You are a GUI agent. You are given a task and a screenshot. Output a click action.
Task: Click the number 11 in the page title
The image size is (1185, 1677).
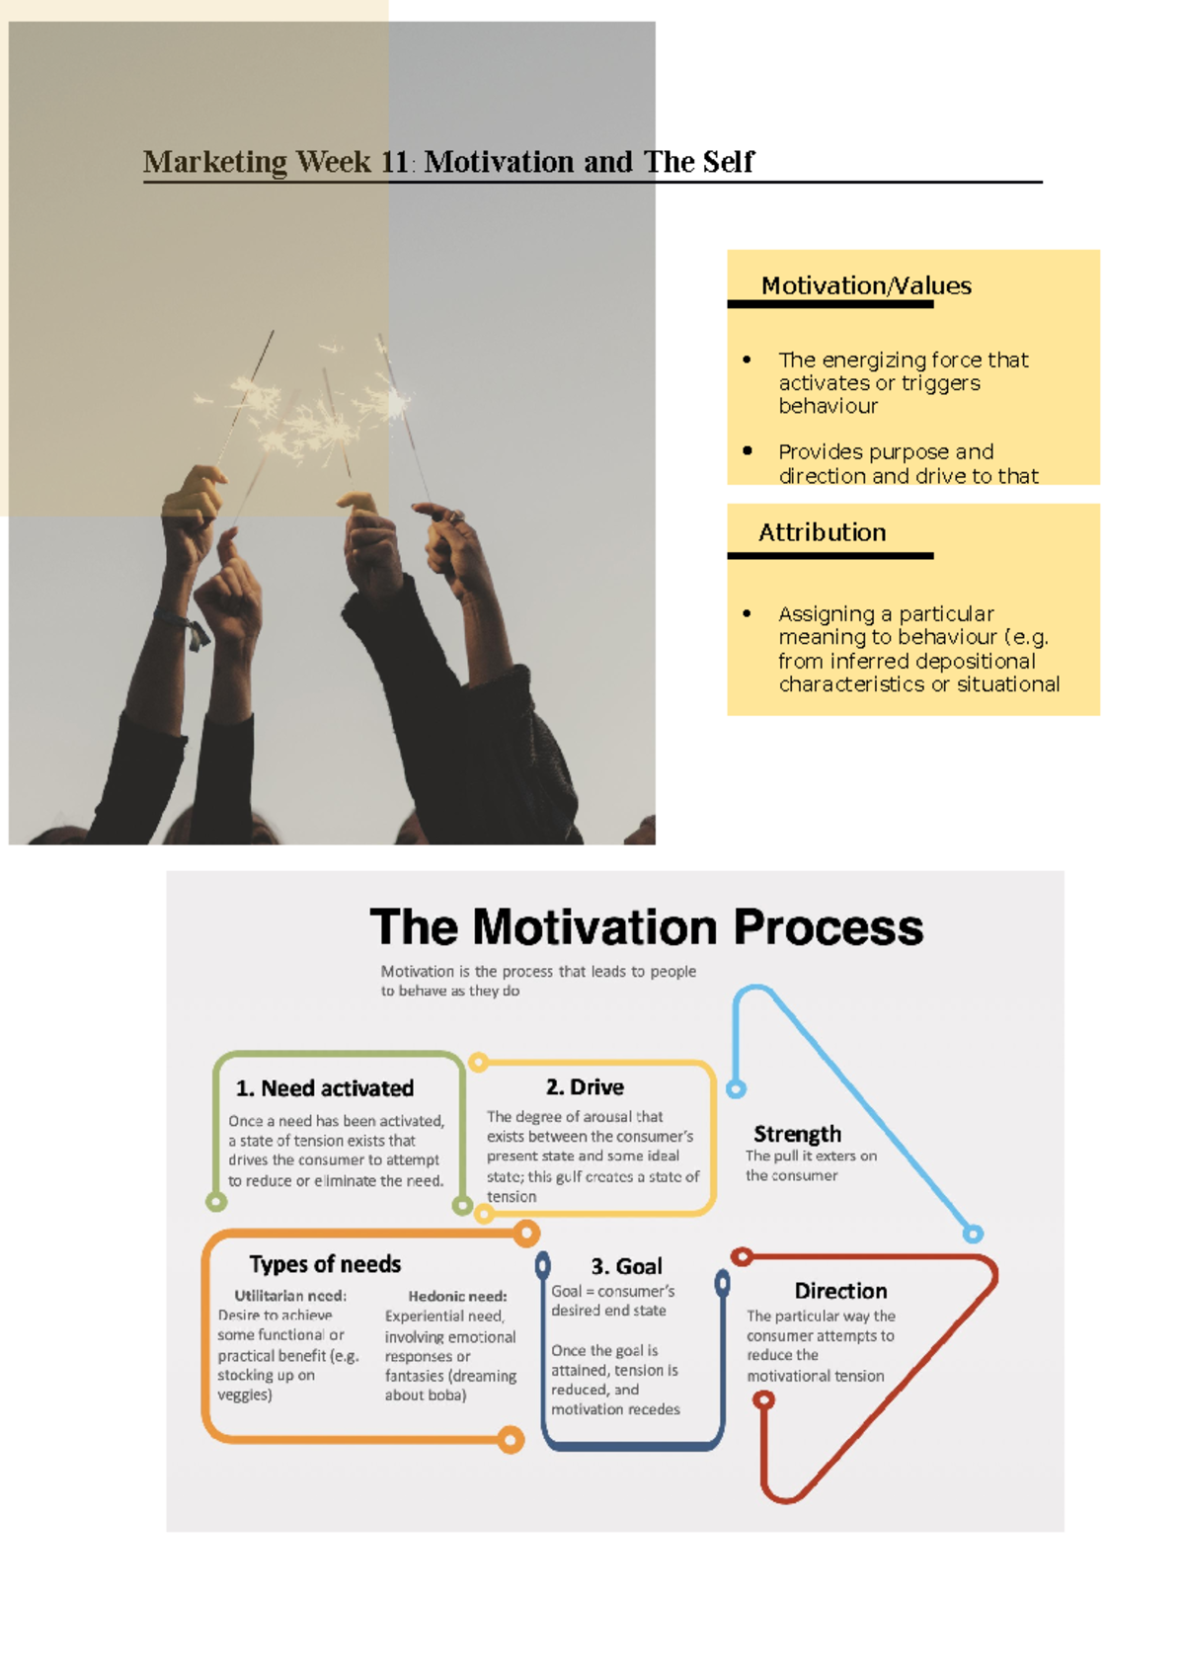(x=394, y=162)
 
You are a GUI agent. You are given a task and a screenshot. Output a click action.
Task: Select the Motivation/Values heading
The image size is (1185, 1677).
(x=866, y=286)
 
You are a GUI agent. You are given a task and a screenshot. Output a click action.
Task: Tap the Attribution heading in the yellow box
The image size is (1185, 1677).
(x=822, y=532)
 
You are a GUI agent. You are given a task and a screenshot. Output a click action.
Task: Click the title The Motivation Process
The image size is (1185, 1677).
(x=646, y=927)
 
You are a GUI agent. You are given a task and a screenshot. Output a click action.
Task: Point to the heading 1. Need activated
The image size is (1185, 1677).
(x=325, y=1088)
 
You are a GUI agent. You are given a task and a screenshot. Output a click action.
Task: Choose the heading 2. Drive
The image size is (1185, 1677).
(x=585, y=1087)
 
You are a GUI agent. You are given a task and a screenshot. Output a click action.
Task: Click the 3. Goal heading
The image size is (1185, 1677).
(x=626, y=1266)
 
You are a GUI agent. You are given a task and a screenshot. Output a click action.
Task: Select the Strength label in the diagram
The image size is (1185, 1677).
(x=797, y=1134)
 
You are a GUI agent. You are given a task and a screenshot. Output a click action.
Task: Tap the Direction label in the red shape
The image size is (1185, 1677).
(x=840, y=1291)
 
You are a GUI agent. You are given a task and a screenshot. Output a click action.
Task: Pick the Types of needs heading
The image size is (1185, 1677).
(x=325, y=1264)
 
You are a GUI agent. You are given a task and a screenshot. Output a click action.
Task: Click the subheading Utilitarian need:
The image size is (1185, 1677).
(x=290, y=1296)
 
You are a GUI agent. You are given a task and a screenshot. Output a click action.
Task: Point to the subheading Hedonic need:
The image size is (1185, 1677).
(x=457, y=1296)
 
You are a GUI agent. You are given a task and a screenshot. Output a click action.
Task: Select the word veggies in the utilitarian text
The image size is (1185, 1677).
(x=243, y=1395)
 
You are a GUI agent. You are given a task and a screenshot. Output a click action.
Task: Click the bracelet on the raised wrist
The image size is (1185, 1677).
(x=188, y=627)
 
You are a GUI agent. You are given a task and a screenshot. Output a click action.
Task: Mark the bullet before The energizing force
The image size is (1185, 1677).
(x=747, y=359)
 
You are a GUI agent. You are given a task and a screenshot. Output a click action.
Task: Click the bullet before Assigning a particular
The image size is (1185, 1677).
(x=747, y=613)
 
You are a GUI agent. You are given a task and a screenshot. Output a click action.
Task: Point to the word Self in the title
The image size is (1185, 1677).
(x=728, y=162)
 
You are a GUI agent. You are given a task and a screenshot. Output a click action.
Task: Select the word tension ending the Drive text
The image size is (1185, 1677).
(x=512, y=1197)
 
